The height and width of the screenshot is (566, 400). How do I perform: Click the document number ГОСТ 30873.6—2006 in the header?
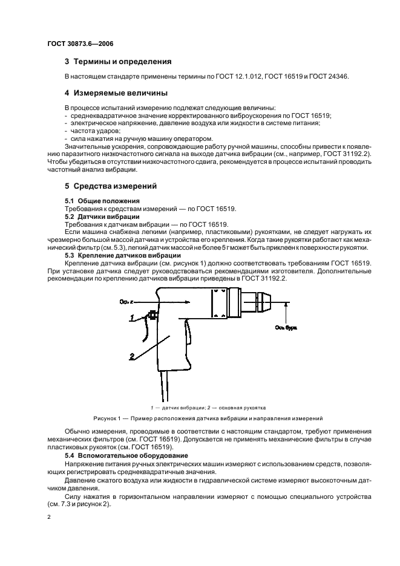80,44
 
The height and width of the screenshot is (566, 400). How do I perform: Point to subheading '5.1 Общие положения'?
102,200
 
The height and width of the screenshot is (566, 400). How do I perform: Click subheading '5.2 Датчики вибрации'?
102,216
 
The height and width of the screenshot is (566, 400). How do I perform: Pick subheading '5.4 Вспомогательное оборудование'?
122,454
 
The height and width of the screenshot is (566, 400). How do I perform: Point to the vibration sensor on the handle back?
151,315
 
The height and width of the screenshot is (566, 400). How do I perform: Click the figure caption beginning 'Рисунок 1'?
208,418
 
